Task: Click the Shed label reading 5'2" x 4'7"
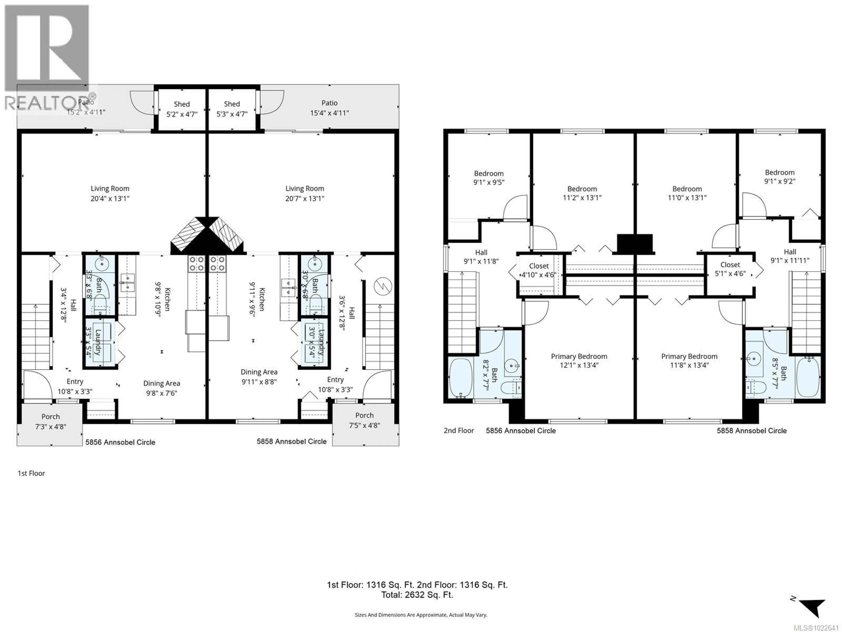coord(182,109)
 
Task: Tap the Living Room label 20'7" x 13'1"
coord(305,193)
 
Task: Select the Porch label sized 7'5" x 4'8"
coord(364,420)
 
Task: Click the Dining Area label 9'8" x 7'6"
coord(161,388)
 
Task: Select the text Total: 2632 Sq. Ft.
coord(417,595)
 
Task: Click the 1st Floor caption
coord(31,473)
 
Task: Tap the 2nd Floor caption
coord(459,431)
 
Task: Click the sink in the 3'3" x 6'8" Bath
coord(102,263)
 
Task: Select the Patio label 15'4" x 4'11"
coord(329,108)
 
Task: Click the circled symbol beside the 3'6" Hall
coord(383,286)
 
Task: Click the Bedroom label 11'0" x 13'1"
coord(687,193)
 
